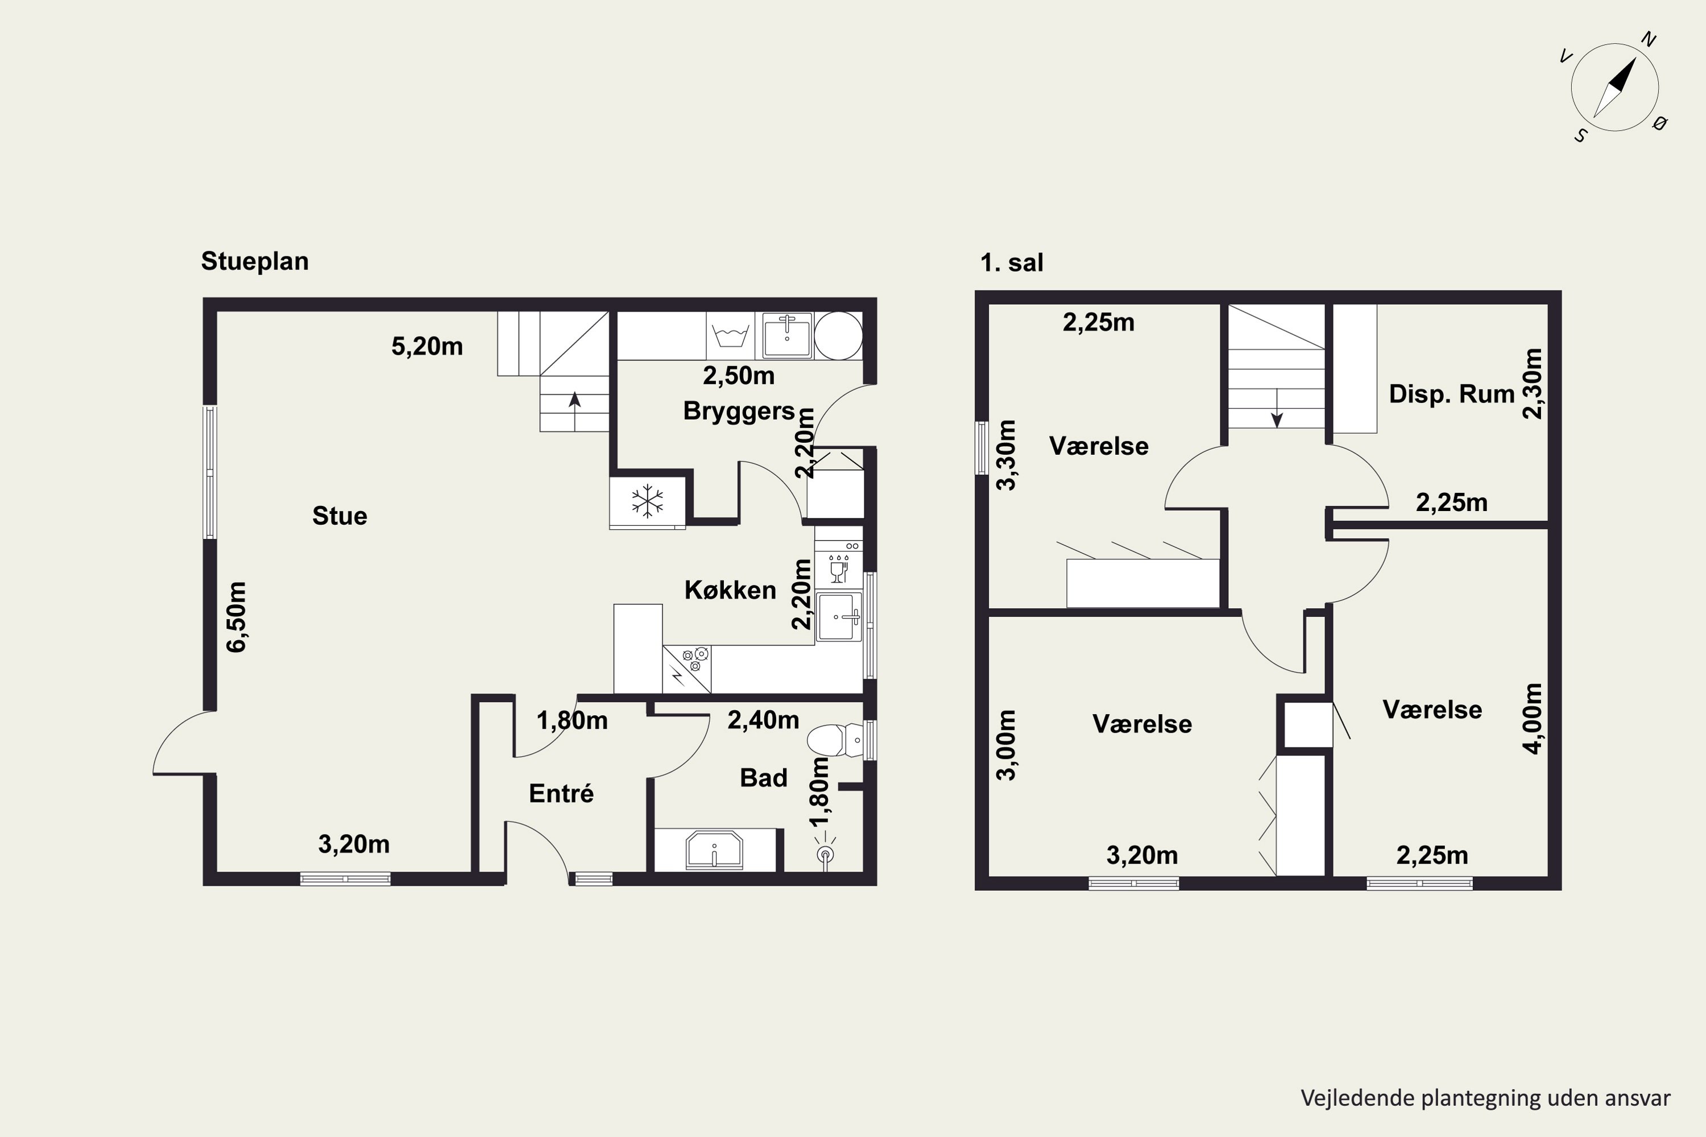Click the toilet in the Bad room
[834, 740]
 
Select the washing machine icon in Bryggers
[730, 336]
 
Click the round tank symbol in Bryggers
[838, 336]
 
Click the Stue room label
[339, 516]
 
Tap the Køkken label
[730, 590]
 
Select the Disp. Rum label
[1451, 394]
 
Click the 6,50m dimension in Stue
[237, 617]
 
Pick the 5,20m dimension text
[427, 347]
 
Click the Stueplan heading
[255, 261]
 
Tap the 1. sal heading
[1012, 263]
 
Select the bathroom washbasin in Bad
[714, 850]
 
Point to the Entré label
[561, 793]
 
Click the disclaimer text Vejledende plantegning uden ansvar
[1485, 1098]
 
